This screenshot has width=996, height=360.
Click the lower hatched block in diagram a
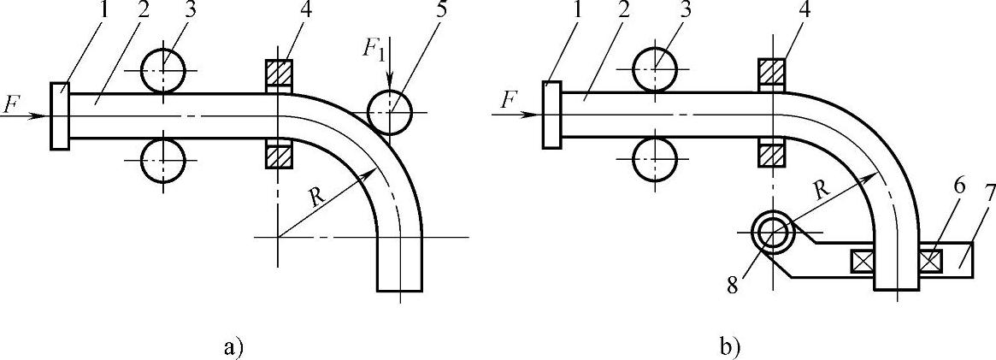pos(278,157)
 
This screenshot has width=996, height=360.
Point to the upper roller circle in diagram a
pos(162,70)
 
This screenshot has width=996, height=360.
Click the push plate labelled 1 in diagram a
pos(59,116)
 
